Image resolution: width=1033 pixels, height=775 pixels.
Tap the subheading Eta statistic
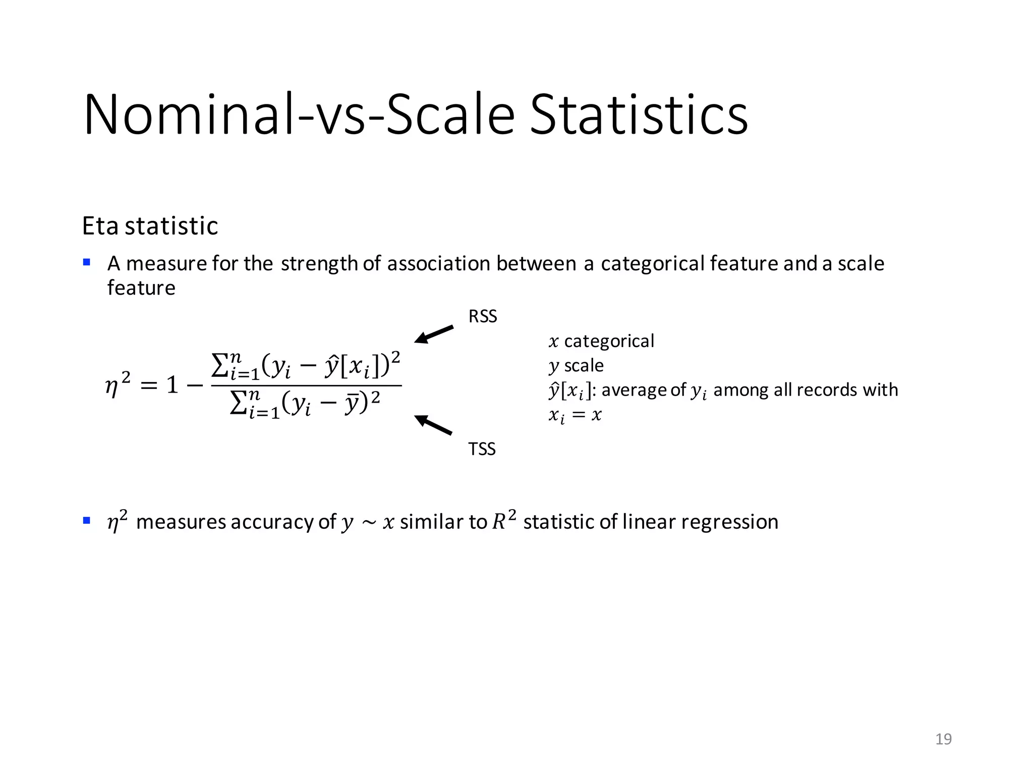150,226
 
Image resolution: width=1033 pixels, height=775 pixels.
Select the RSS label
483,316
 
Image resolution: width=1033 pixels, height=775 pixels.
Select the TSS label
482,449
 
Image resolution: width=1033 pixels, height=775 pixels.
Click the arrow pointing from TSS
433,425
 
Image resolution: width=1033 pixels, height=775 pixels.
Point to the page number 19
943,739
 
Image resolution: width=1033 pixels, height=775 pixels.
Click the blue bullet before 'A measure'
87,262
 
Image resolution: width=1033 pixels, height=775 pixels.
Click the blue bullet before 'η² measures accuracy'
87,520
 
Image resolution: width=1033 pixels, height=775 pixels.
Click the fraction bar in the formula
306,386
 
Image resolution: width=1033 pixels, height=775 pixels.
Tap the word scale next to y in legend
584,365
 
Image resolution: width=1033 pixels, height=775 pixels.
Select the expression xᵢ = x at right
575,415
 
